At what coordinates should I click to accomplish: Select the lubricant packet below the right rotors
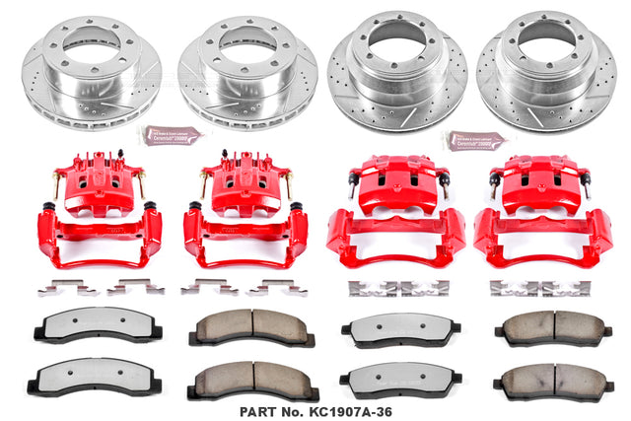click(x=475, y=139)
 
